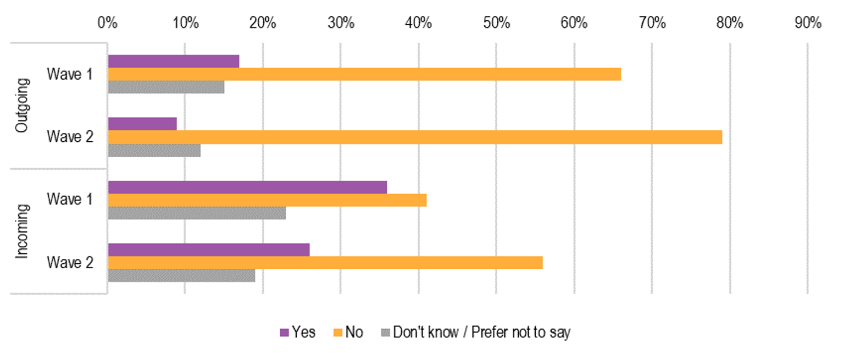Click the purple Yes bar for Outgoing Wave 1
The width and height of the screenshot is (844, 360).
pos(174,61)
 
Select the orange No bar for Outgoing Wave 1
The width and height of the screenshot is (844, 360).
pos(364,74)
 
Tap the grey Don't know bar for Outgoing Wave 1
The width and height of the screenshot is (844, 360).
pos(166,87)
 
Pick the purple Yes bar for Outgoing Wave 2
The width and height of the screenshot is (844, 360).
pos(142,124)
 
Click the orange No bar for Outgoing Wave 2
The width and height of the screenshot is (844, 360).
pos(415,137)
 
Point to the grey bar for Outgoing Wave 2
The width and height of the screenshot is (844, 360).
pos(154,150)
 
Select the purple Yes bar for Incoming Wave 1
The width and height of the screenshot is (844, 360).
pos(247,187)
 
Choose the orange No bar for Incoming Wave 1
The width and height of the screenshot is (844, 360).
pos(267,200)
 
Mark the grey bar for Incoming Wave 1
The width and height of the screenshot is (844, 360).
pos(197,213)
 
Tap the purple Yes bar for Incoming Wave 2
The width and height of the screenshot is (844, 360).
pos(209,250)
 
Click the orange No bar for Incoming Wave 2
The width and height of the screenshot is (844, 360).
pos(325,263)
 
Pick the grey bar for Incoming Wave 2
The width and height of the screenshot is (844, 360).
pos(181,275)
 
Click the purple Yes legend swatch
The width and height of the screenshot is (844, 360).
pos(284,333)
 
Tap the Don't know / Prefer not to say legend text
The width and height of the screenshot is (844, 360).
pos(481,333)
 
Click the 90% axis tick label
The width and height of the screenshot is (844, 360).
pos(807,23)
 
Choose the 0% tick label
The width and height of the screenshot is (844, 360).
pos(107,23)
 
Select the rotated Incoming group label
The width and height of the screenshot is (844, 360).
pos(21,231)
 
